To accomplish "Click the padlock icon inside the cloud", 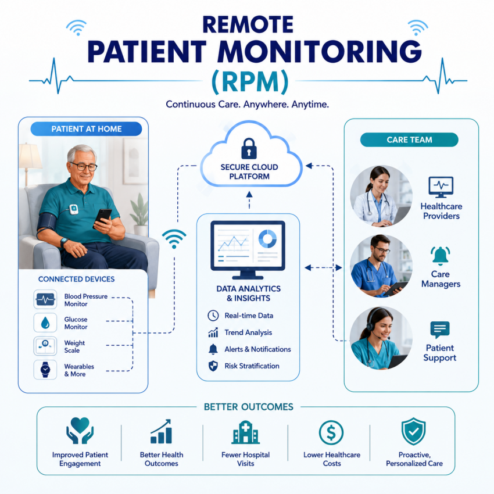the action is [x=249, y=148].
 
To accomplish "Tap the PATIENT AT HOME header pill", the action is [x=87, y=129].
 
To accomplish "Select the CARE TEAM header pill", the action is [x=409, y=139].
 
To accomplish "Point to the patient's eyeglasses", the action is [x=84, y=166].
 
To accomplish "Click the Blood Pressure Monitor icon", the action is [x=45, y=299].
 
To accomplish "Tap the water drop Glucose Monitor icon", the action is [x=45, y=323].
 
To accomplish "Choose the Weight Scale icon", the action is [x=45, y=346].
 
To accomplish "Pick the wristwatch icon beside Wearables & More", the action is [x=45, y=370].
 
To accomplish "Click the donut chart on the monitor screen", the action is [x=267, y=238].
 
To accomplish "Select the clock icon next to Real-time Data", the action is [x=213, y=316].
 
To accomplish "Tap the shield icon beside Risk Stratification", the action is [x=213, y=366].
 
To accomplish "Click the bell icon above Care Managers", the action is [x=440, y=256].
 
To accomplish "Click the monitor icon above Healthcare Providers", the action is [x=441, y=187].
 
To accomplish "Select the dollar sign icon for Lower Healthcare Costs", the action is [x=331, y=432].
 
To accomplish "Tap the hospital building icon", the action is [x=245, y=432].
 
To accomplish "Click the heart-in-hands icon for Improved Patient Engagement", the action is [x=80, y=431].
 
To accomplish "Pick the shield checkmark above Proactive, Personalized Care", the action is [x=413, y=431].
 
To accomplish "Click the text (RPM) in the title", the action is [x=250, y=81].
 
